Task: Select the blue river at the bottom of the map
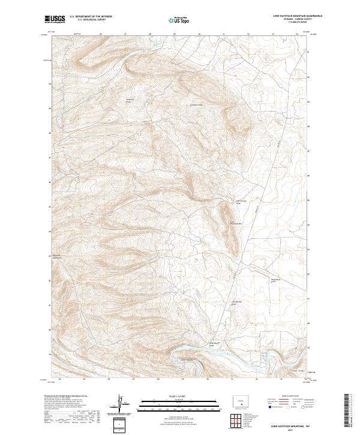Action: click(228, 357)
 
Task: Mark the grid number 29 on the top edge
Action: click(173, 34)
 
